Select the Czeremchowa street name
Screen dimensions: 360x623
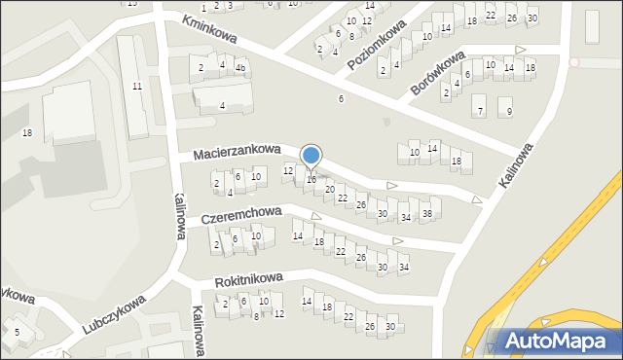pyautogui.click(x=241, y=213)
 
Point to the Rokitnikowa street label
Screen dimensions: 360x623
pyautogui.click(x=248, y=279)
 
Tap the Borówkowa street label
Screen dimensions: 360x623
pyautogui.click(x=438, y=73)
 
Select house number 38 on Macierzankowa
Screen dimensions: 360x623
pyautogui.click(x=426, y=213)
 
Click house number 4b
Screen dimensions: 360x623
pyautogui.click(x=239, y=67)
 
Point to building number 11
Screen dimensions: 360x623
pyautogui.click(x=137, y=87)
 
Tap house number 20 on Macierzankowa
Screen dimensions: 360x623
pyautogui.click(x=329, y=189)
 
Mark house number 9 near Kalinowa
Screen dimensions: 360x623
pyautogui.click(x=509, y=111)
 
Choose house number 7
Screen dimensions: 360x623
pyautogui.click(x=480, y=111)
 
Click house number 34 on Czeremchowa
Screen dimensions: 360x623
pyautogui.click(x=403, y=268)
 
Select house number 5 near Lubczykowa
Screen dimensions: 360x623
pyautogui.click(x=17, y=333)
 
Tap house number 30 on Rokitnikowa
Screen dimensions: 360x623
pyautogui.click(x=390, y=326)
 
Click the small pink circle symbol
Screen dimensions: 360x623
pyautogui.click(x=573, y=62)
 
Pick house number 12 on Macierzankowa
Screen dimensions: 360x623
pyautogui.click(x=287, y=171)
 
